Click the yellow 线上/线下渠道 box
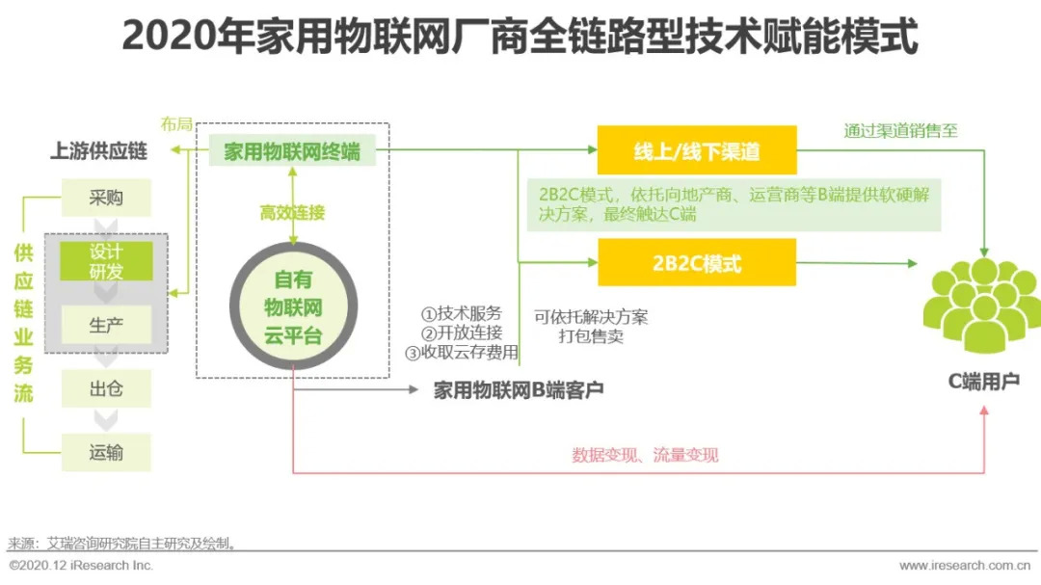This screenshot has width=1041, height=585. pyautogui.click(x=697, y=150)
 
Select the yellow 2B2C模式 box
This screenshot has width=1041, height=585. pyautogui.click(x=697, y=263)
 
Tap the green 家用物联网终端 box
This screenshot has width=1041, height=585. pyautogui.click(x=293, y=151)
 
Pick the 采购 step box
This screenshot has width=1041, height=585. pyautogui.click(x=106, y=199)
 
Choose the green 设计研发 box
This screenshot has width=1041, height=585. pyautogui.click(x=106, y=261)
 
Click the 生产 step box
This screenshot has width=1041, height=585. pyautogui.click(x=106, y=325)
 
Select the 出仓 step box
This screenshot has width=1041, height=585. pyautogui.click(x=106, y=389)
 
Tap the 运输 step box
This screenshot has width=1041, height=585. pyautogui.click(x=106, y=452)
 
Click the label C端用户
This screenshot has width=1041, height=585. pyautogui.click(x=983, y=382)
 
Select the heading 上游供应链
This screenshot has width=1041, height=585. pyautogui.click(x=98, y=151)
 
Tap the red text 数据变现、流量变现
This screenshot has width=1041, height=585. pyautogui.click(x=645, y=455)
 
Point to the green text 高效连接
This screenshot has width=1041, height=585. pyautogui.click(x=292, y=213)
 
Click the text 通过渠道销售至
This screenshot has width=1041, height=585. pyautogui.click(x=900, y=131)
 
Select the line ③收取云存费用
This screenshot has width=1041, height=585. pyautogui.click(x=462, y=352)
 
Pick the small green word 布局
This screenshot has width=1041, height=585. pyautogui.click(x=176, y=125)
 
